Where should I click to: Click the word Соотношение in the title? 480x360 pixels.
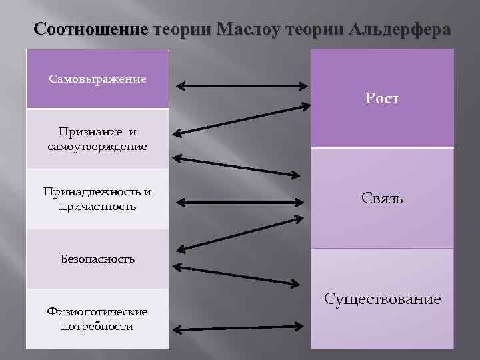[90, 30]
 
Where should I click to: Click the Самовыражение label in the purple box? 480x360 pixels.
[97, 79]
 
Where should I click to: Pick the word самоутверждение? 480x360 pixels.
[97, 145]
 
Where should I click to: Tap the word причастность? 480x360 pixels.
[97, 206]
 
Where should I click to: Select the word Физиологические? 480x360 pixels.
[97, 311]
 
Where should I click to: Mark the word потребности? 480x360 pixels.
[97, 326]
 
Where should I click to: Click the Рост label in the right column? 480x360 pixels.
[382, 99]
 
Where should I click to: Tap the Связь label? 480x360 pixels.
[382, 198]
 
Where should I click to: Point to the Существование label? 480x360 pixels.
[382, 299]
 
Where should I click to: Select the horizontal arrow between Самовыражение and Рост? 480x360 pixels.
[241, 86]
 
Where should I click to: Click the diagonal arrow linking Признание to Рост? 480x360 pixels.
[241, 119]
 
